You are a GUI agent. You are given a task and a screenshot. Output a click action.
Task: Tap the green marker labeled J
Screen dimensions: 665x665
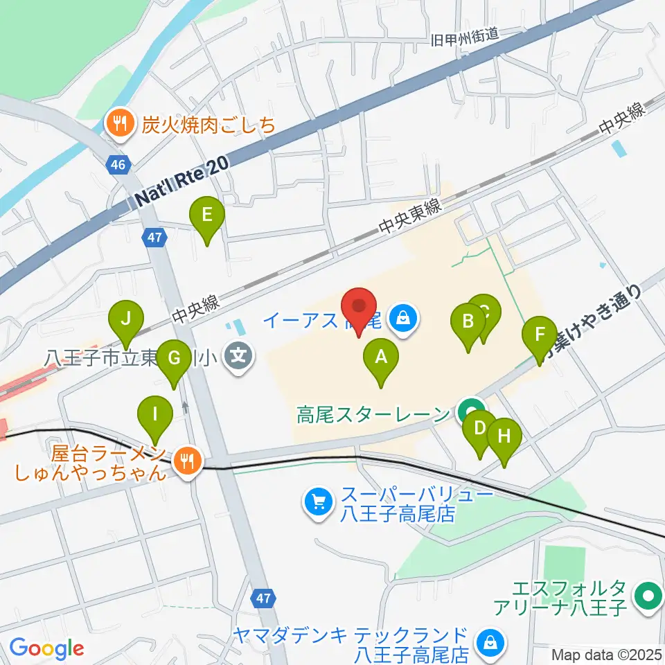pyautogui.click(x=126, y=319)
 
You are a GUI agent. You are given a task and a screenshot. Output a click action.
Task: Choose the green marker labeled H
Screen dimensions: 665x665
pyautogui.click(x=504, y=437)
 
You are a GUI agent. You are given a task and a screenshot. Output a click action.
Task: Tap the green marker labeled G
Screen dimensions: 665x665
pyautogui.click(x=174, y=359)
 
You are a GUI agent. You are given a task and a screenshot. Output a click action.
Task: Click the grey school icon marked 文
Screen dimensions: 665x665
pyautogui.click(x=239, y=357)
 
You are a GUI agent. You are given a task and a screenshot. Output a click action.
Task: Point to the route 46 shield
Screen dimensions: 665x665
pyautogui.click(x=118, y=164)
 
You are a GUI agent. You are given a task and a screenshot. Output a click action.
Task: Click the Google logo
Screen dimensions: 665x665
pyautogui.click(x=46, y=648)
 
